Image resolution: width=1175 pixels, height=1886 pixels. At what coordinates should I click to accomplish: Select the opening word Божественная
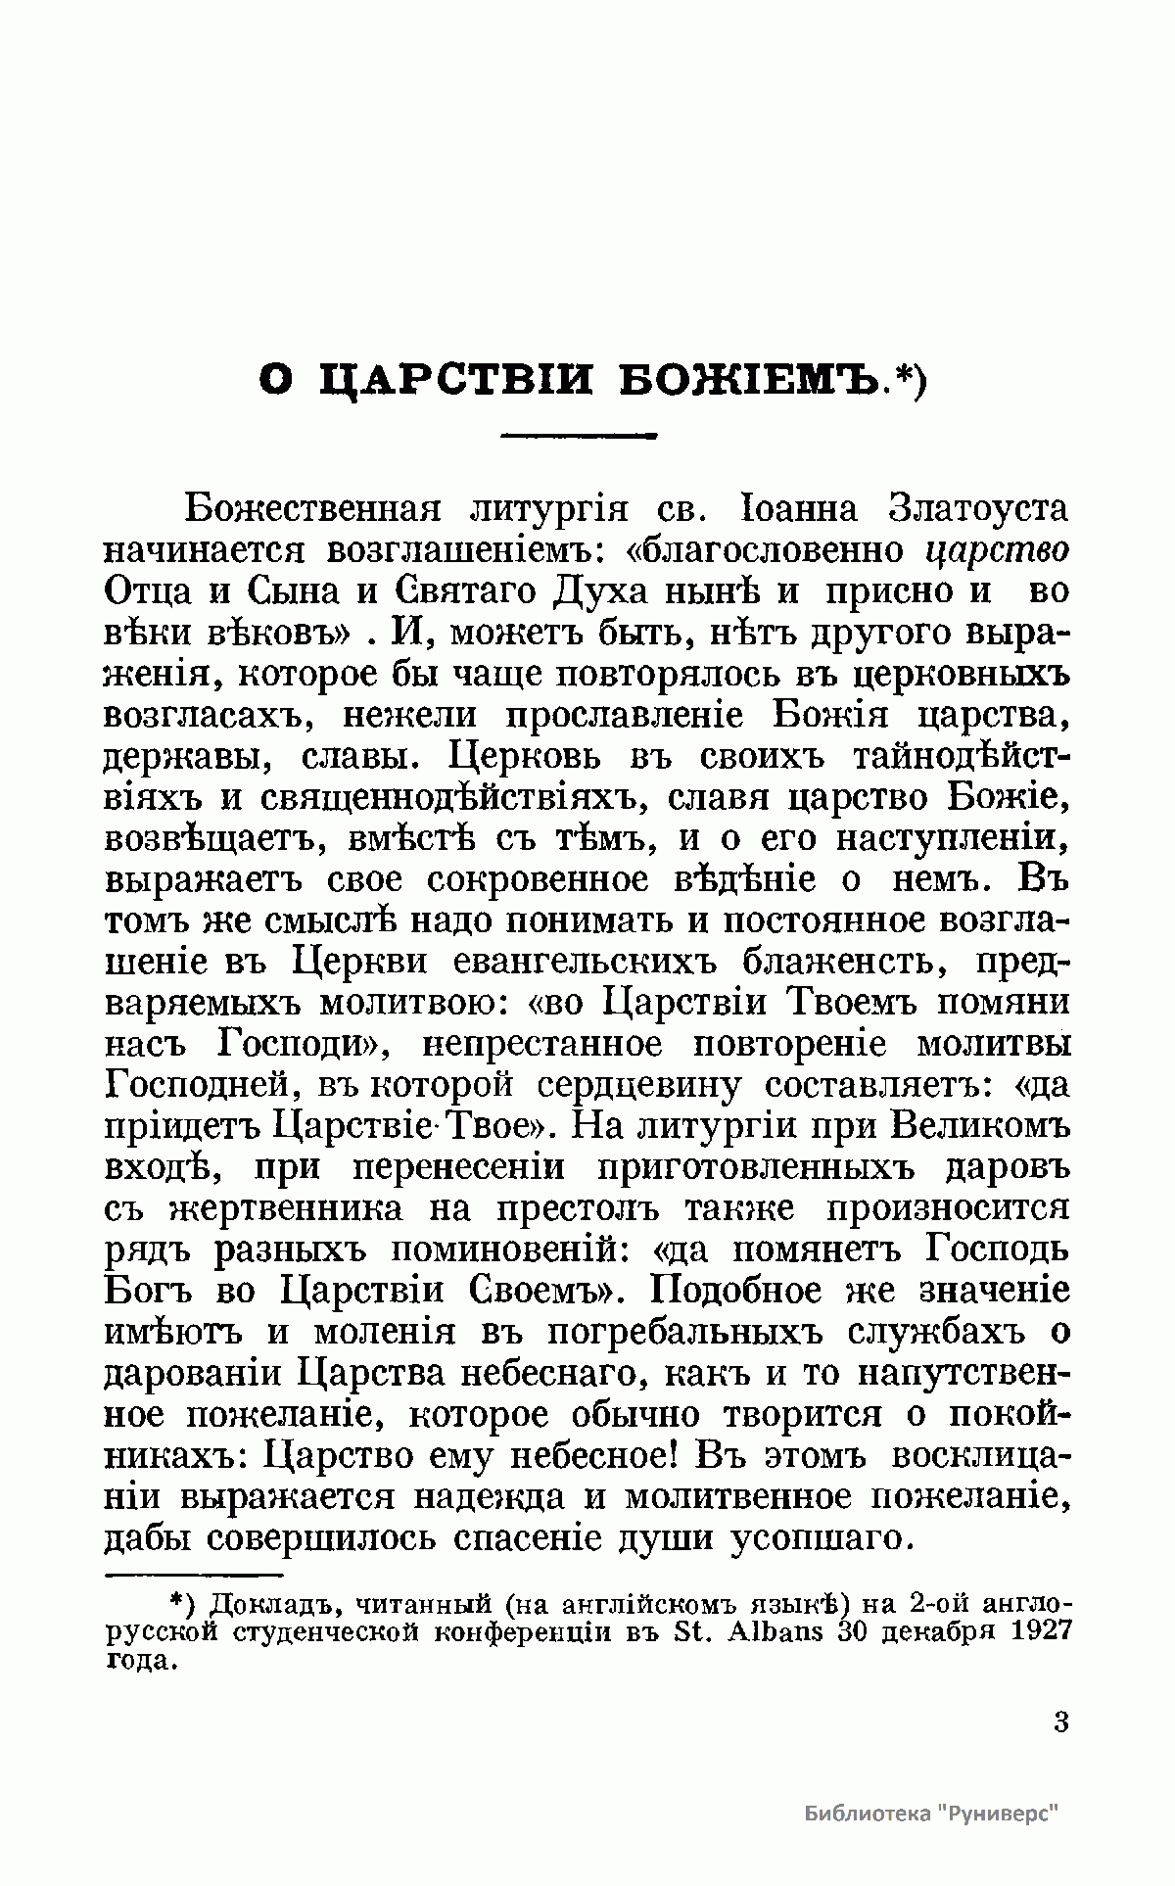point(311,509)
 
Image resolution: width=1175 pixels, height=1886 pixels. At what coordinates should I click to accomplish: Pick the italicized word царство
point(998,550)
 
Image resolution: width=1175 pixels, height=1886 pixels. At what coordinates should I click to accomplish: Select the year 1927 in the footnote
point(1037,1631)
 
